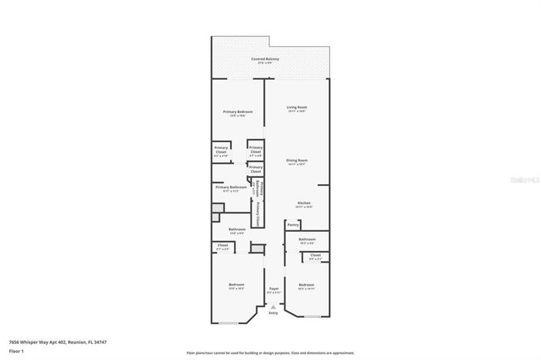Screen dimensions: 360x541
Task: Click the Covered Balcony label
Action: (x=264, y=60)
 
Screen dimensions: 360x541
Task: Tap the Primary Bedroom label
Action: (x=238, y=112)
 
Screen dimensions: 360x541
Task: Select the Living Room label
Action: (x=296, y=107)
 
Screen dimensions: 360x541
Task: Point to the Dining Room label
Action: (x=296, y=160)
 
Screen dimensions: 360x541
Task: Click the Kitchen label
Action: (x=304, y=203)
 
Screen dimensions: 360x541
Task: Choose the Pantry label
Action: (x=292, y=225)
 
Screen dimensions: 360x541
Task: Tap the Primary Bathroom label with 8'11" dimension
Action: (x=231, y=187)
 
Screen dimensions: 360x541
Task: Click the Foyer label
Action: (x=273, y=289)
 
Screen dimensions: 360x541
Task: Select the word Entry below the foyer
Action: (x=273, y=312)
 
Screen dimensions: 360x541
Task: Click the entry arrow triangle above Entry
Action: (x=273, y=306)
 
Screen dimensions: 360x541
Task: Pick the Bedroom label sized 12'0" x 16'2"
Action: (x=236, y=285)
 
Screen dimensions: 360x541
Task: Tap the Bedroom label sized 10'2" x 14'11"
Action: (x=306, y=285)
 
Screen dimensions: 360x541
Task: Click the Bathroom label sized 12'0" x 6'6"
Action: (x=236, y=230)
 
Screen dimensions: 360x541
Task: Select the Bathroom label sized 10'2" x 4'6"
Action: (x=307, y=240)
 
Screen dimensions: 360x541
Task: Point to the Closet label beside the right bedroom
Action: (x=315, y=256)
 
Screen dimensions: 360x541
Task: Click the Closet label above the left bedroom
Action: (x=222, y=246)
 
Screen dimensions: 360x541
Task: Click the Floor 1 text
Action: (x=17, y=351)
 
